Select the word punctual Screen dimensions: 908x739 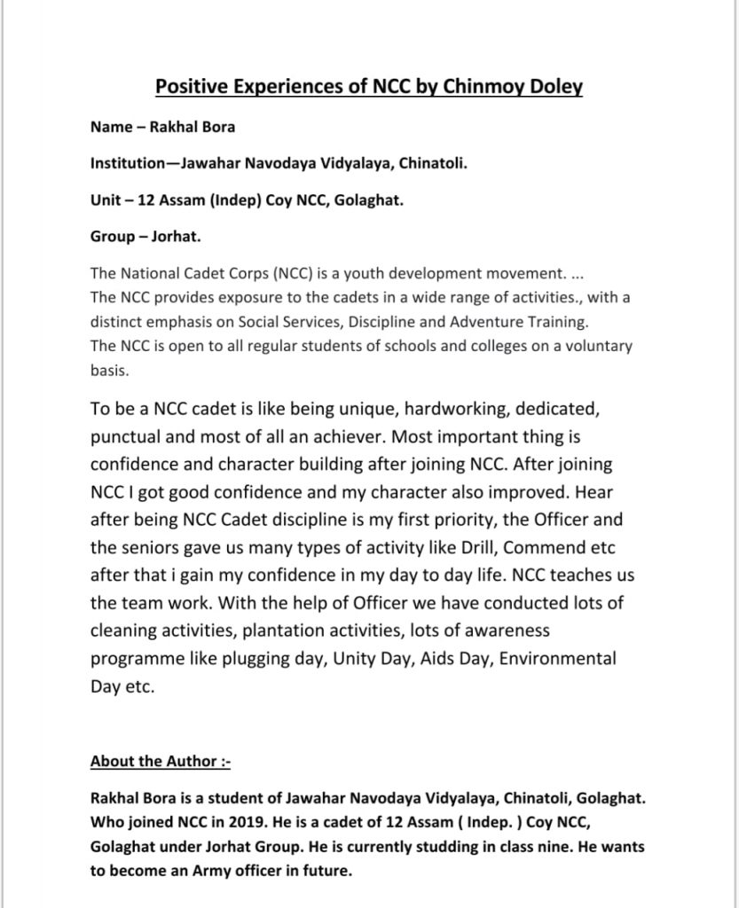(125, 438)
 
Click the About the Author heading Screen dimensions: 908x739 (160, 762)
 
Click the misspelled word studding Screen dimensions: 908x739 (433, 847)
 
